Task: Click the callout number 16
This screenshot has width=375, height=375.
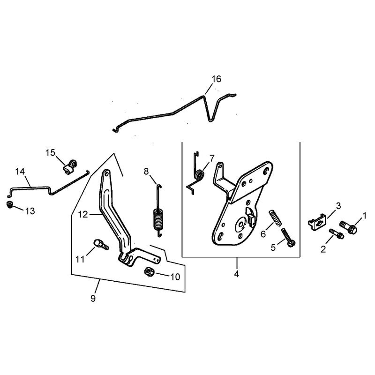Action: tap(216, 79)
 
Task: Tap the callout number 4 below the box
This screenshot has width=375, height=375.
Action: tap(237, 274)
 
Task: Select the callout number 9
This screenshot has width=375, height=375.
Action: tap(93, 298)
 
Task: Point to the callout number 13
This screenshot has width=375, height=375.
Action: tap(30, 211)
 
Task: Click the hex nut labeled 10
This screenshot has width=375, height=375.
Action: tap(149, 272)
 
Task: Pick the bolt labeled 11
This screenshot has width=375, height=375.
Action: tap(101, 244)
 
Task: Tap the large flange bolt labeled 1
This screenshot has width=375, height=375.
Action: tap(348, 227)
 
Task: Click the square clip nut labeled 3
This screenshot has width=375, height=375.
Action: tap(317, 222)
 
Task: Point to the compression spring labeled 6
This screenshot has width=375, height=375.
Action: tap(275, 217)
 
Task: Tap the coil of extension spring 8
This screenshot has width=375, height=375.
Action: tap(158, 219)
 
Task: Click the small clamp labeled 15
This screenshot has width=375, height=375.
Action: tap(70, 166)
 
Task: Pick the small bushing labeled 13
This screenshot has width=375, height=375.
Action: tap(9, 205)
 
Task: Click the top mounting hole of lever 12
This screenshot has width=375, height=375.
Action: tap(106, 173)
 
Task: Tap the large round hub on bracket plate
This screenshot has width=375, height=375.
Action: tap(240, 225)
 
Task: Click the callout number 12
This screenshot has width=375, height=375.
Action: tap(83, 215)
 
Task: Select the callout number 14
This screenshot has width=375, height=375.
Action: tap(20, 171)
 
